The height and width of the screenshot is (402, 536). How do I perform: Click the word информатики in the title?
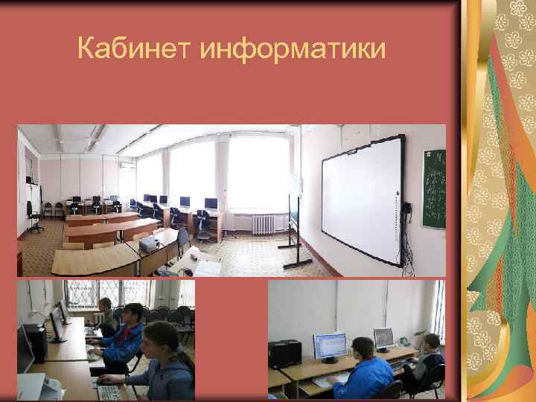click(293, 50)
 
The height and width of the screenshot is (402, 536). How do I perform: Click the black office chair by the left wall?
click(33, 216)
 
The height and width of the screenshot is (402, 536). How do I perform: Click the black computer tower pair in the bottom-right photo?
click(284, 354)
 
